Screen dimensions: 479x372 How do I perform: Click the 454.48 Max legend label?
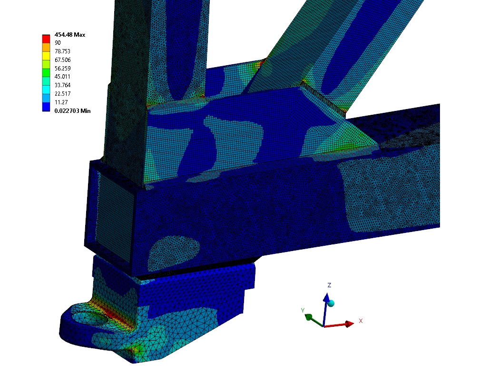[x=69, y=35]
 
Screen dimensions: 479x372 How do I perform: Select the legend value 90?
[x=58, y=43]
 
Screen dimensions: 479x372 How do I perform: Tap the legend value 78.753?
[x=62, y=51]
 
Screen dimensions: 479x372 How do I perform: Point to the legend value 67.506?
[x=62, y=60]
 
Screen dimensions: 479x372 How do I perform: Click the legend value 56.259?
[x=62, y=68]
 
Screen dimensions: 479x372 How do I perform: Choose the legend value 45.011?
[x=62, y=77]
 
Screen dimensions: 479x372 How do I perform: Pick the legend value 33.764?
[x=62, y=85]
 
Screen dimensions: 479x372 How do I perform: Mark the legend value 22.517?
[x=62, y=94]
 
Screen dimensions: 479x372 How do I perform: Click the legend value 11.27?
[x=61, y=102]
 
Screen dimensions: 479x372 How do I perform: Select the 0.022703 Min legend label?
[x=72, y=111]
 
